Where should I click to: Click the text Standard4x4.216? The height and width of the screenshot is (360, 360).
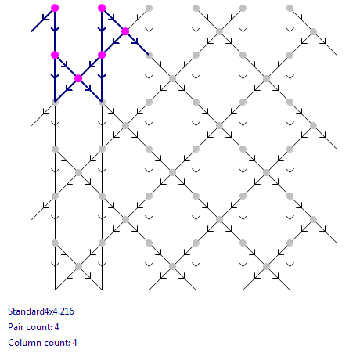[x=41, y=311]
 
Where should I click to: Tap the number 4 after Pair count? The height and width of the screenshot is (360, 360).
[x=56, y=327]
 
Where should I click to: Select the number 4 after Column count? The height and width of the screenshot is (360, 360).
[x=74, y=343]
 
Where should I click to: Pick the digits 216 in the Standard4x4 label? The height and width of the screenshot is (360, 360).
[x=67, y=311]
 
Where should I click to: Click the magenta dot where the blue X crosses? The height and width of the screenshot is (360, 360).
[x=78, y=78]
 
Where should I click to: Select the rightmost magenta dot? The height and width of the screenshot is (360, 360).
[x=125, y=31]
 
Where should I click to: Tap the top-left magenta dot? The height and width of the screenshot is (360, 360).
[x=55, y=8]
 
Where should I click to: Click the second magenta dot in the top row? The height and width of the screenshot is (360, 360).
[x=102, y=8]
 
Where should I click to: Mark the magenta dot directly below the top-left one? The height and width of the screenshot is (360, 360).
[x=55, y=55]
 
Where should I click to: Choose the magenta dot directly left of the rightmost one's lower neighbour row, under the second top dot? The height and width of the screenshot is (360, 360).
[x=102, y=55]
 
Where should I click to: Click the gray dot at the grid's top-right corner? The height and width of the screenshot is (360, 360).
[x=290, y=8]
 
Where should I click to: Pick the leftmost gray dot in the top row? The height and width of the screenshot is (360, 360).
[x=149, y=8]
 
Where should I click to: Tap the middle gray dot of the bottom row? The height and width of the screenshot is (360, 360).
[x=172, y=266]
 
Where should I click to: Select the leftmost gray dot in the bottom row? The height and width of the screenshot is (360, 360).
[x=78, y=266]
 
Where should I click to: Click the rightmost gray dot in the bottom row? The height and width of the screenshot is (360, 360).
[x=266, y=266]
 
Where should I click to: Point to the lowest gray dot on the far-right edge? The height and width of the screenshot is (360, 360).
[x=313, y=219]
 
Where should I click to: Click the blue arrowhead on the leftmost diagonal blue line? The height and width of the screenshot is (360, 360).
[x=45, y=18]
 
